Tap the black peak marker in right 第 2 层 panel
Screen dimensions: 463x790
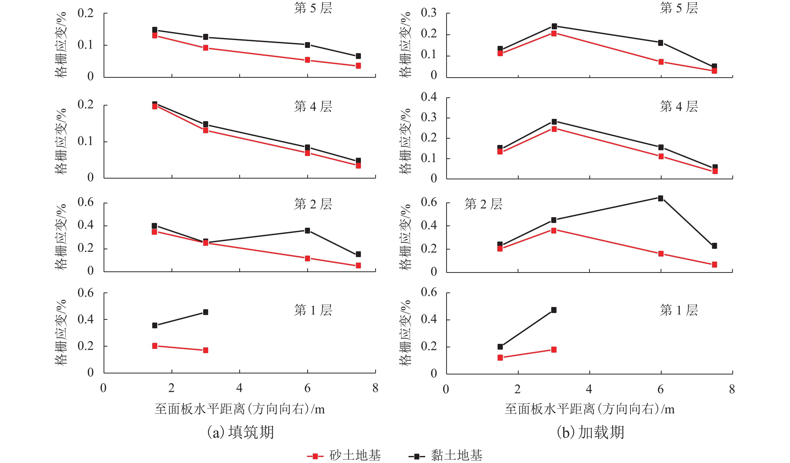[661, 198]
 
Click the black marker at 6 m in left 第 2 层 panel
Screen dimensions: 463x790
[307, 230]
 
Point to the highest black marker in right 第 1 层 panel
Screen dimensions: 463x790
[554, 310]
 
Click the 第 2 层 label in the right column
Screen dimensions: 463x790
[483, 204]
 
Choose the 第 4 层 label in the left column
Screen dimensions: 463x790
[313, 107]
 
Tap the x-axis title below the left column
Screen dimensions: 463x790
[240, 409]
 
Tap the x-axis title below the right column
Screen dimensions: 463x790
[590, 409]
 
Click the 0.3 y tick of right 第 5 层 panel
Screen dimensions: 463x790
[429, 13]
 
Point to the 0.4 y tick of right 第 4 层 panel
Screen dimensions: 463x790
[429, 97]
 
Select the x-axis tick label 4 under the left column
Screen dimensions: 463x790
[239, 388]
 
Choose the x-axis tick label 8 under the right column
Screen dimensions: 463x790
[732, 389]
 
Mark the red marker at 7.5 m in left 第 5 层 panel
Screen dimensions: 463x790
[358, 66]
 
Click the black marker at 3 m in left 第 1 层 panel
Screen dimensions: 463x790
[206, 312]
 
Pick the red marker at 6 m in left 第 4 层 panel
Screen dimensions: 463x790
[307, 153]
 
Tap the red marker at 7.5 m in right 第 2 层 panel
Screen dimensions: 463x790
[714, 265]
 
